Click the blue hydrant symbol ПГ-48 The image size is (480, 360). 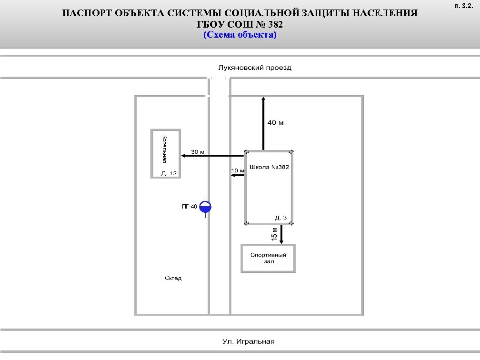pyautogui.click(x=206, y=206)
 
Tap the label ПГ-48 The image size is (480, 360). pyautogui.click(x=189, y=207)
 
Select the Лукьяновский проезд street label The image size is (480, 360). pyautogui.click(x=255, y=68)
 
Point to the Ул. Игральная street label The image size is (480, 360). pyautogui.click(x=249, y=341)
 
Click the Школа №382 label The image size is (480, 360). pyautogui.click(x=269, y=168)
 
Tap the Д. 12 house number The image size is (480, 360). pyautogui.click(x=169, y=174)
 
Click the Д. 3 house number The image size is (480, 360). pyautogui.click(x=281, y=218)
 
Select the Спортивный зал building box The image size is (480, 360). pyautogui.click(x=268, y=258)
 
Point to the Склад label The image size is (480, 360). pyautogui.click(x=173, y=278)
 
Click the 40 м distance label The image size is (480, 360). pyautogui.click(x=275, y=123)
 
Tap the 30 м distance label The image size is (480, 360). pyautogui.click(x=198, y=152)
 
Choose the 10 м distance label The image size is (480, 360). pyautogui.click(x=238, y=170)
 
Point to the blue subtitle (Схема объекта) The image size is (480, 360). pyautogui.click(x=240, y=35)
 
